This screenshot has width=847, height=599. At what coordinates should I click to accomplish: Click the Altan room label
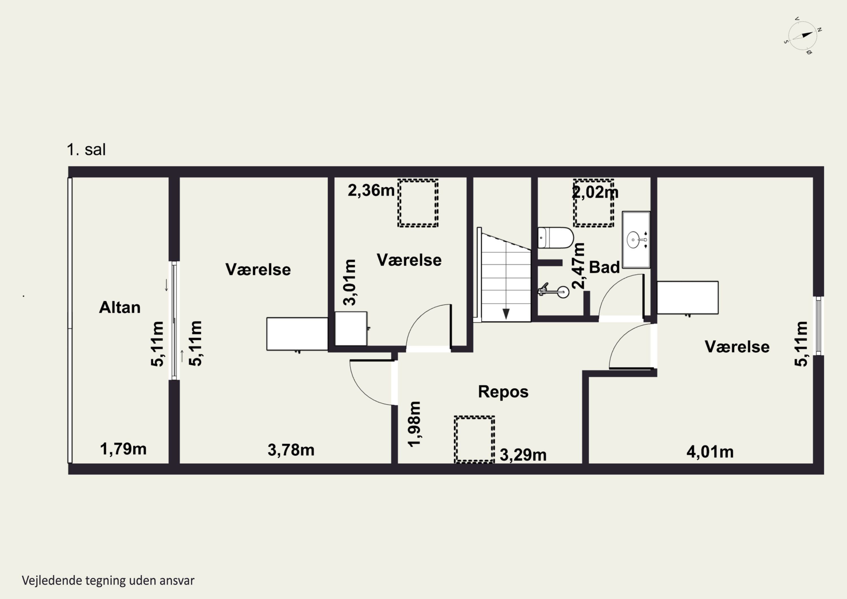[x=120, y=308]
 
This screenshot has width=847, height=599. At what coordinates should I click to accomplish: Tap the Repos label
[x=503, y=392]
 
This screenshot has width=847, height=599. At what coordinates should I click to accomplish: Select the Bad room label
[x=604, y=267]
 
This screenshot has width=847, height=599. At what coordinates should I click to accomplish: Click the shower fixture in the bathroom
[x=554, y=291]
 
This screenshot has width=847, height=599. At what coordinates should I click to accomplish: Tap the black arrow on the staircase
[x=506, y=314]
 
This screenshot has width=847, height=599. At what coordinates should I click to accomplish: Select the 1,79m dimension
[x=123, y=449]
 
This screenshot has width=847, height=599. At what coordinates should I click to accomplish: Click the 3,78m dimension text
[x=291, y=450]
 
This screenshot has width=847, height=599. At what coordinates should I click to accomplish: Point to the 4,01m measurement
[x=710, y=452]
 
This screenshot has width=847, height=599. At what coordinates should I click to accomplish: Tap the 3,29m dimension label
[x=523, y=455]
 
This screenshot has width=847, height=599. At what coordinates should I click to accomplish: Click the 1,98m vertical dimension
[x=414, y=424]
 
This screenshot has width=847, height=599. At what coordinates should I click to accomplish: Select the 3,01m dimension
[x=350, y=282]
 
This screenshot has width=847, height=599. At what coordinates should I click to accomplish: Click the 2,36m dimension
[x=371, y=190]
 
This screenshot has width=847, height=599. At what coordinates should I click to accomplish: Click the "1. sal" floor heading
[x=86, y=149]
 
